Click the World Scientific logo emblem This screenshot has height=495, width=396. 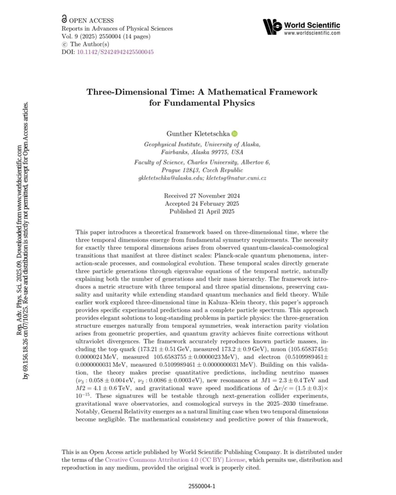pos(272,27)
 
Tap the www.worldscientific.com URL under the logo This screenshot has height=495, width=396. pos(312,33)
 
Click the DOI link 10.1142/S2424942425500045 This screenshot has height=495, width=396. pos(115,52)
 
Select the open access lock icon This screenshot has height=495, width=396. pos(64,19)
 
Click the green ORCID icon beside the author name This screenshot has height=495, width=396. pos(234,134)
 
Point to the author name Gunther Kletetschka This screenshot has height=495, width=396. pos(198,134)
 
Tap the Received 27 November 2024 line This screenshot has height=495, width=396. pos(202,196)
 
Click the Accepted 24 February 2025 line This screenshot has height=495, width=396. pos(202,204)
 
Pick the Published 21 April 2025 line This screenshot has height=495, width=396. pos(202,212)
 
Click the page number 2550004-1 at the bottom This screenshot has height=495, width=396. pos(202,486)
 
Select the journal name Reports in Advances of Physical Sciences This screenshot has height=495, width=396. pos(117,29)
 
